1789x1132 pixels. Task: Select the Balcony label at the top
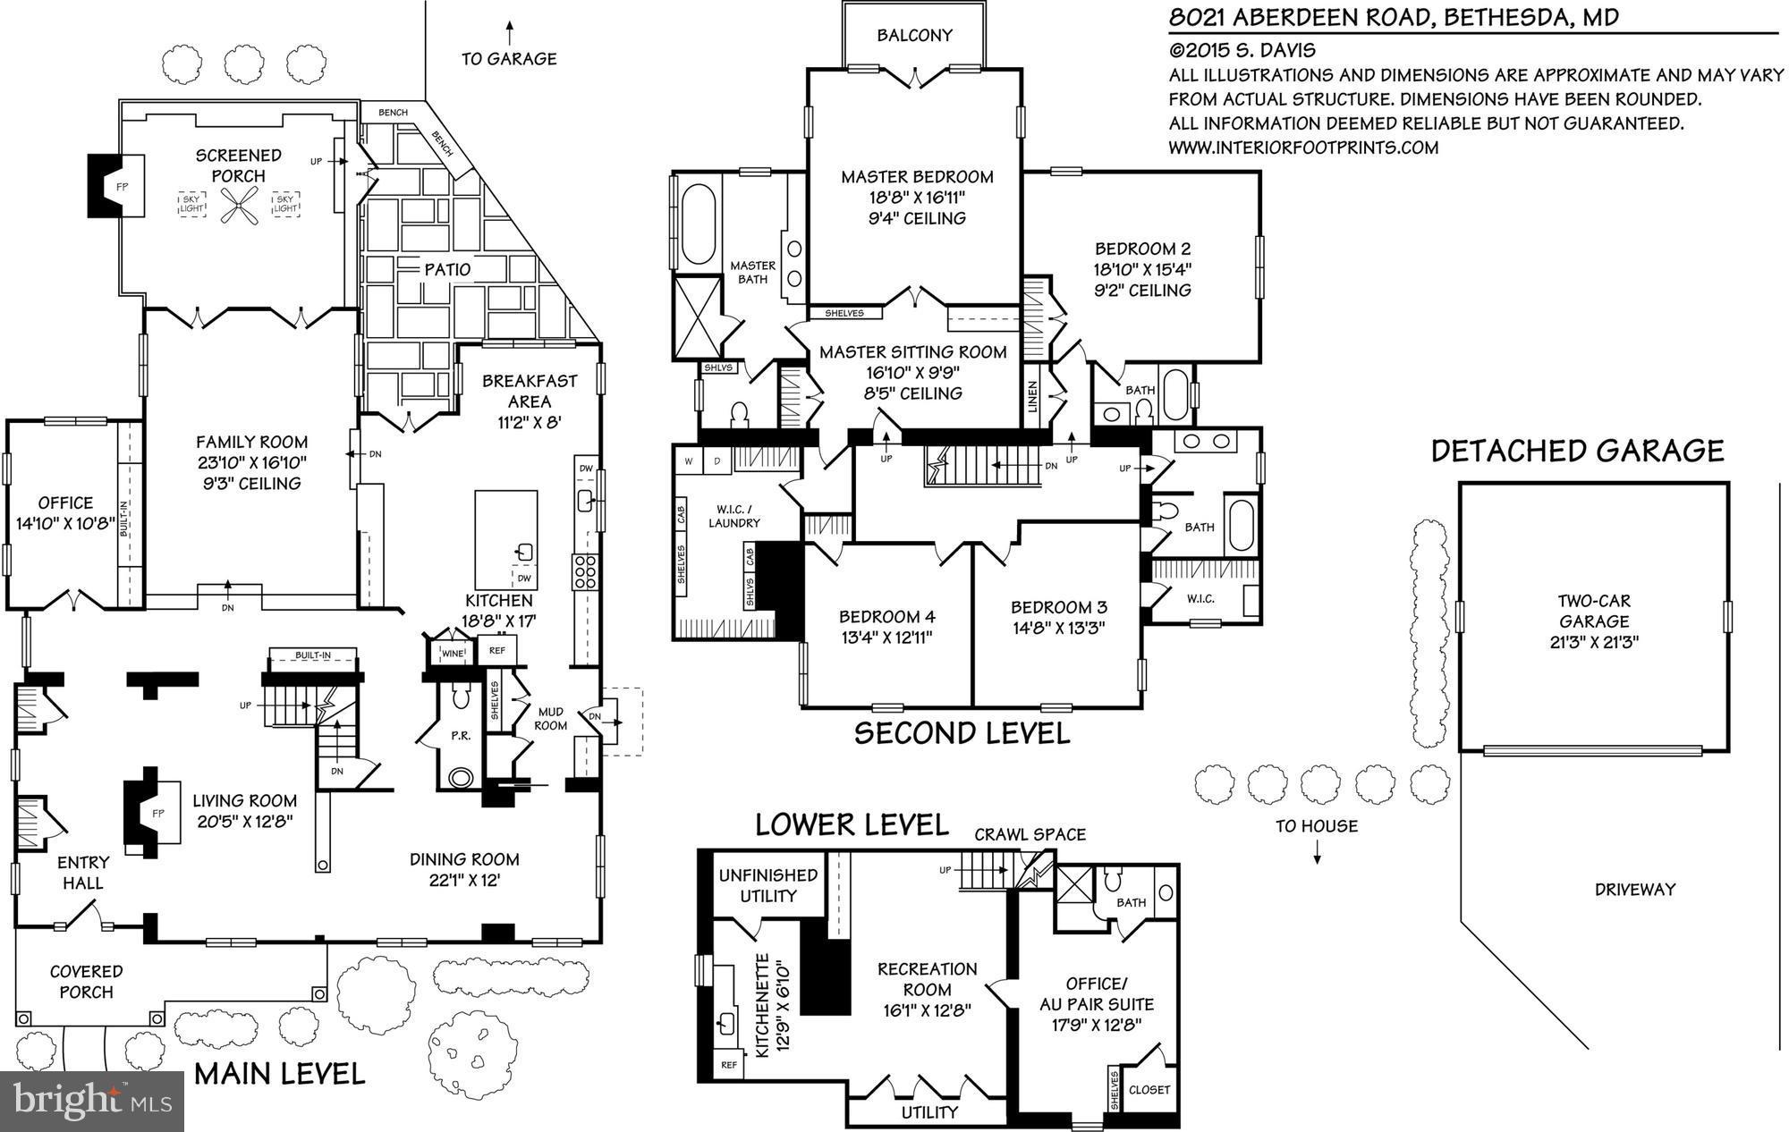pyautogui.click(x=914, y=36)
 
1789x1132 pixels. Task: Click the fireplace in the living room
pyautogui.click(x=148, y=812)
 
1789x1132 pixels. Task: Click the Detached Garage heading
pyautogui.click(x=1577, y=451)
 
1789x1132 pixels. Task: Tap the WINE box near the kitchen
pyautogui.click(x=453, y=654)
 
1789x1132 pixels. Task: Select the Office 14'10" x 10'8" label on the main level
pyautogui.click(x=65, y=513)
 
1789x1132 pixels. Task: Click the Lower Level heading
pyautogui.click(x=852, y=824)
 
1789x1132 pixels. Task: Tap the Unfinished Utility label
pyautogui.click(x=767, y=885)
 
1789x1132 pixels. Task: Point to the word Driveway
pyautogui.click(x=1634, y=890)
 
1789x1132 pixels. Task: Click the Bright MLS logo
pyautogui.click(x=92, y=1100)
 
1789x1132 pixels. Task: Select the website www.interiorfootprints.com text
pyautogui.click(x=1303, y=148)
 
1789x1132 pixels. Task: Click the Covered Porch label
pyautogui.click(x=86, y=981)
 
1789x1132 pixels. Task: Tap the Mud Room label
pyautogui.click(x=551, y=718)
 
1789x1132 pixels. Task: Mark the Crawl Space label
pyautogui.click(x=1030, y=834)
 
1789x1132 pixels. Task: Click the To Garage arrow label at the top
pyautogui.click(x=509, y=59)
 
